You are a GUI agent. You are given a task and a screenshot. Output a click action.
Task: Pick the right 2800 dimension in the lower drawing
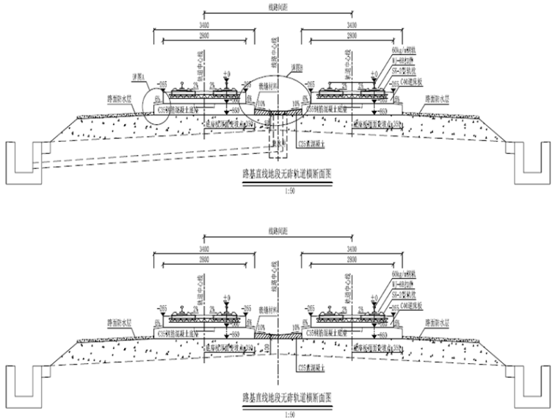[x=352, y=261]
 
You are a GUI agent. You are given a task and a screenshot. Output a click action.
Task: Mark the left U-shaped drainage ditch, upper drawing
[x=21, y=166]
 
